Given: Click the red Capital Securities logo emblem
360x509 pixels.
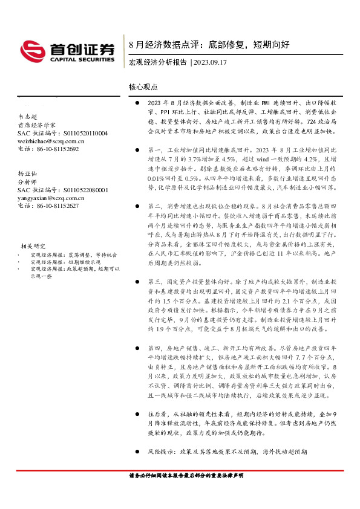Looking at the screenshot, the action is point(31,48).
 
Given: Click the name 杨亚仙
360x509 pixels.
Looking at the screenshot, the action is point(28,174).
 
